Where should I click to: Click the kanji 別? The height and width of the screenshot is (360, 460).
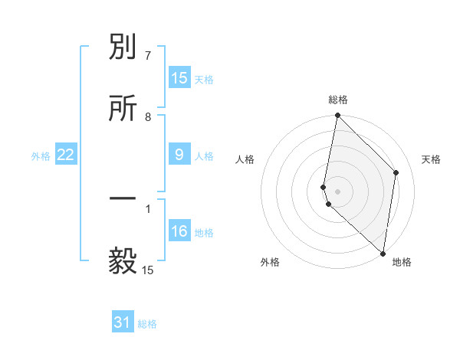point(123,48)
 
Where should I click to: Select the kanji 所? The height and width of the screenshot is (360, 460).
point(123,108)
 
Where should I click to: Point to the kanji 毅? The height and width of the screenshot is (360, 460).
point(123,261)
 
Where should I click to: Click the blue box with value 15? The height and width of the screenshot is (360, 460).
point(179,78)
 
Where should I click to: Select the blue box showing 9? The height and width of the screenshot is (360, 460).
point(179,155)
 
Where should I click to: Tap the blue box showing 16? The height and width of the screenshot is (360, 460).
point(179,231)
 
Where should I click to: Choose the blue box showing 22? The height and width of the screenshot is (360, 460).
point(65,155)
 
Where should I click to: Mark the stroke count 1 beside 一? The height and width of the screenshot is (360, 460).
point(147,208)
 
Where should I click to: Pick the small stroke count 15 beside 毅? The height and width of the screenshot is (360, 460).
point(148,270)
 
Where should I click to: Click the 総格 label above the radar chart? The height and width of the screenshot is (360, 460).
point(338,100)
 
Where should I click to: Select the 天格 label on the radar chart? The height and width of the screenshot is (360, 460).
point(431,159)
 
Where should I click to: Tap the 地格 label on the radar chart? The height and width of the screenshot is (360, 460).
point(402,262)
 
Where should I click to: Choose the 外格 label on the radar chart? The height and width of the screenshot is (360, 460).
point(270,262)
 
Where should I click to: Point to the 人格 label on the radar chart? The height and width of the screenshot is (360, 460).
point(245,159)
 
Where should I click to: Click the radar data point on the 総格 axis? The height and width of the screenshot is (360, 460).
point(337,116)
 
